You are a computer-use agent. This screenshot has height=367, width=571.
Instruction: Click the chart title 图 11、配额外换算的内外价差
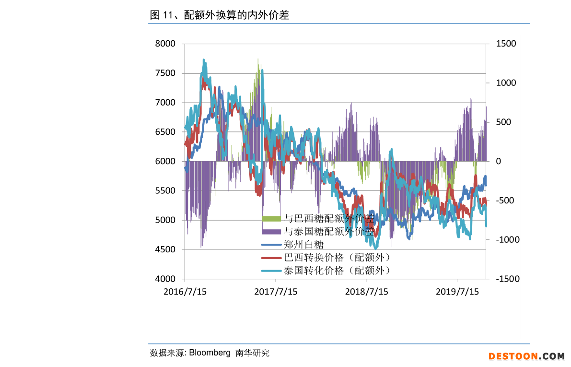pos(220,15)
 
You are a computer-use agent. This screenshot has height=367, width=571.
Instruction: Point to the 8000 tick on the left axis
pos(165,44)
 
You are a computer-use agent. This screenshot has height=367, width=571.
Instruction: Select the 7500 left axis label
pos(165,73)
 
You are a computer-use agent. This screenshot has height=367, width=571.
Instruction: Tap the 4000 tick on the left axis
pos(165,279)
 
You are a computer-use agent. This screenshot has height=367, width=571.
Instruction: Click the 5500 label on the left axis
pos(165,190)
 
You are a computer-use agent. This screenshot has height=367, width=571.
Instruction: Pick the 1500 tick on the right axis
pos(506,44)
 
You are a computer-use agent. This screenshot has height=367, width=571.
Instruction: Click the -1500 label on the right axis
pos(506,279)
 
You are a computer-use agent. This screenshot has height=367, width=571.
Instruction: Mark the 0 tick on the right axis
pos(499,161)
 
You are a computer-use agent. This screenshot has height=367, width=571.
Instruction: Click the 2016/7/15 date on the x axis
pos(185,291)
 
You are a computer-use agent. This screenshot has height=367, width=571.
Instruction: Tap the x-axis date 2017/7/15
pos(276,291)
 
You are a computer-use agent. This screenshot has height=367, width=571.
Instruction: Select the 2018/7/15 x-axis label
pos(366,291)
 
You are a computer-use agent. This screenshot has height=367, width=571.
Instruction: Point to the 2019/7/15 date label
pos(457,291)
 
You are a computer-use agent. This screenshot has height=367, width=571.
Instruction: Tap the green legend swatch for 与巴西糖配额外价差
pos(271,219)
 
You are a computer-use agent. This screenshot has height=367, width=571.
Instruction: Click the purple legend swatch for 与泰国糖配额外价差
pos(271,232)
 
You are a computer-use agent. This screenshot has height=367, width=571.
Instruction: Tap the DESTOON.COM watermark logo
pos(526,356)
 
